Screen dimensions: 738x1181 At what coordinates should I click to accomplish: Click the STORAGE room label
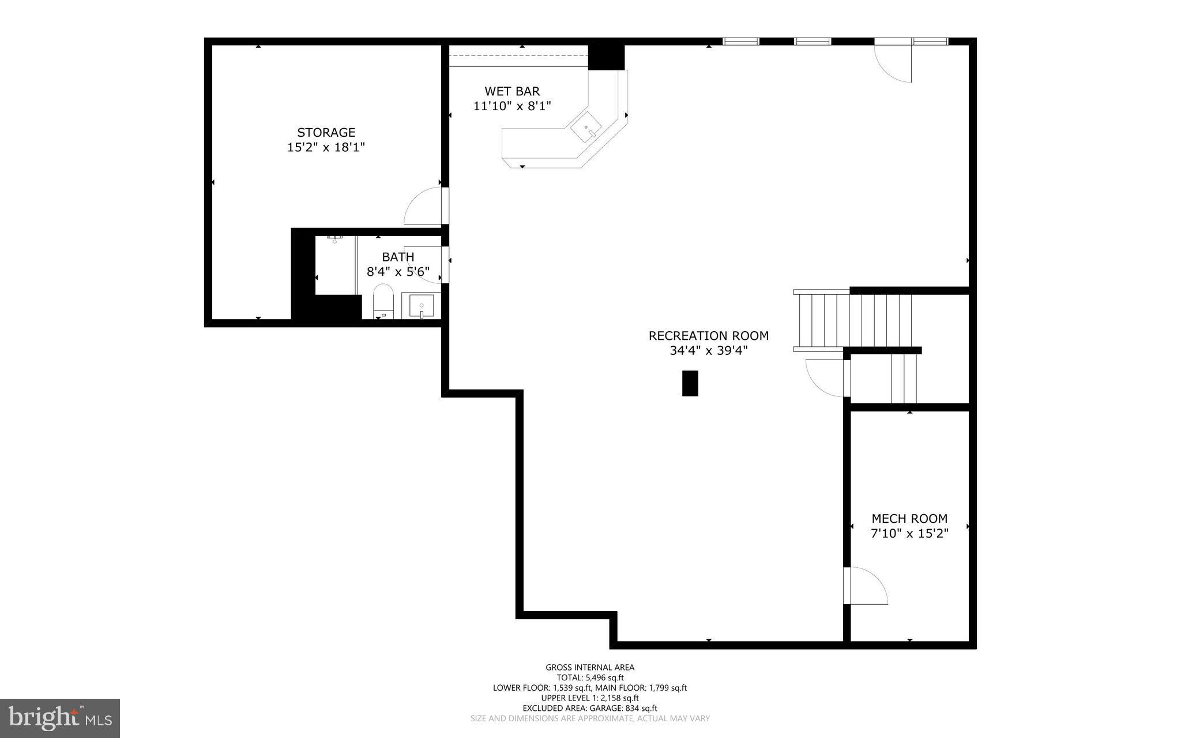pos(326,133)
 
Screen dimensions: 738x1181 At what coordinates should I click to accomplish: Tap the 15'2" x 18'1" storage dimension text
pos(326,148)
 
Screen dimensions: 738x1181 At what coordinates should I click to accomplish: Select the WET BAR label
pos(512,91)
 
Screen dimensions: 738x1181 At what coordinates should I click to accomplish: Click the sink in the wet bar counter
pos(586,128)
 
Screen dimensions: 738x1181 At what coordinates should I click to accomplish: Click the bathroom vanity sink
pos(422,305)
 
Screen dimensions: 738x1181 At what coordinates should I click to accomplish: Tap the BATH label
pos(398,257)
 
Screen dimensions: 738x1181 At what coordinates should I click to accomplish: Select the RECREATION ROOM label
pos(708,336)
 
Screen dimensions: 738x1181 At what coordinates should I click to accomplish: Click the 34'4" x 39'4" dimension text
pos(708,351)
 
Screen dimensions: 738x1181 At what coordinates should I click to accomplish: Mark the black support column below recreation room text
pos(690,383)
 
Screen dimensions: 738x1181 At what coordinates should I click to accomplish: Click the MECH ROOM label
pos(909,519)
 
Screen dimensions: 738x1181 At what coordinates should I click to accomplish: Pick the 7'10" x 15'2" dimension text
pos(909,534)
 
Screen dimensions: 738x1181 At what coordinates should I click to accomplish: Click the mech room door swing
pos(868,586)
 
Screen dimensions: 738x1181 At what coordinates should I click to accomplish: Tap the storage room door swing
pos(422,207)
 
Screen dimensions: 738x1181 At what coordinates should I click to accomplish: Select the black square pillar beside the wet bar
pos(606,57)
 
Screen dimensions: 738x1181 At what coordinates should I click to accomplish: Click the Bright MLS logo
pos(60,718)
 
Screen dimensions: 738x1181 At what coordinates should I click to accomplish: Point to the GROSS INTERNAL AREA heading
pos(589,668)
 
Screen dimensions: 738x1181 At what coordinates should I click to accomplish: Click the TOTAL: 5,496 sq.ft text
pos(589,678)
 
